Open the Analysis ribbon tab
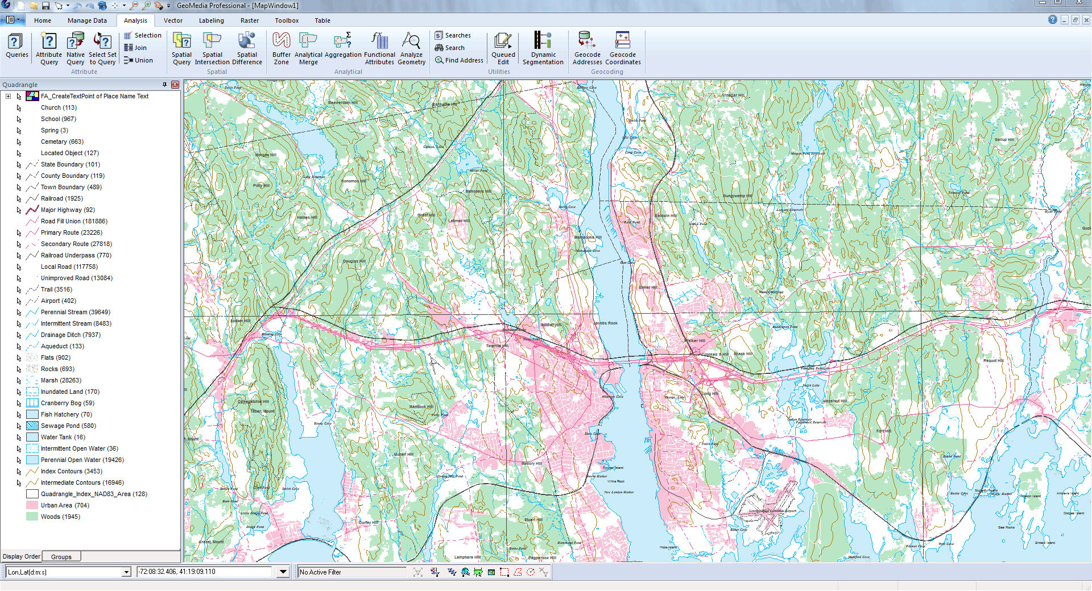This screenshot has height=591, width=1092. coord(135,20)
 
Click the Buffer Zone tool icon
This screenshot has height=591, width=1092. coord(281,41)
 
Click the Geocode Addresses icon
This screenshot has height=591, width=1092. coord(587,41)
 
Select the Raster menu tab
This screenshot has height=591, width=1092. coord(249,20)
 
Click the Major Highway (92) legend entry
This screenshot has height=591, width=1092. coord(68,210)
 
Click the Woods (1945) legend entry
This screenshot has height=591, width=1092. coord(60,517)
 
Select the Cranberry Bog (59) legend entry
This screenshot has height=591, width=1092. coord(68,403)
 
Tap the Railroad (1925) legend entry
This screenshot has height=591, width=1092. coord(61,198)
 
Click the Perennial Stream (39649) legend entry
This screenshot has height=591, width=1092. coord(76,312)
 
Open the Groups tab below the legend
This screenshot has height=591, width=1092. coord(61,557)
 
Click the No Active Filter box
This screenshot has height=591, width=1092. coord(351,572)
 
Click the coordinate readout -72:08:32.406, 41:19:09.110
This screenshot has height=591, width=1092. coord(205,572)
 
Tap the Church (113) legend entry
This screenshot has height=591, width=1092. coord(59,107)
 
